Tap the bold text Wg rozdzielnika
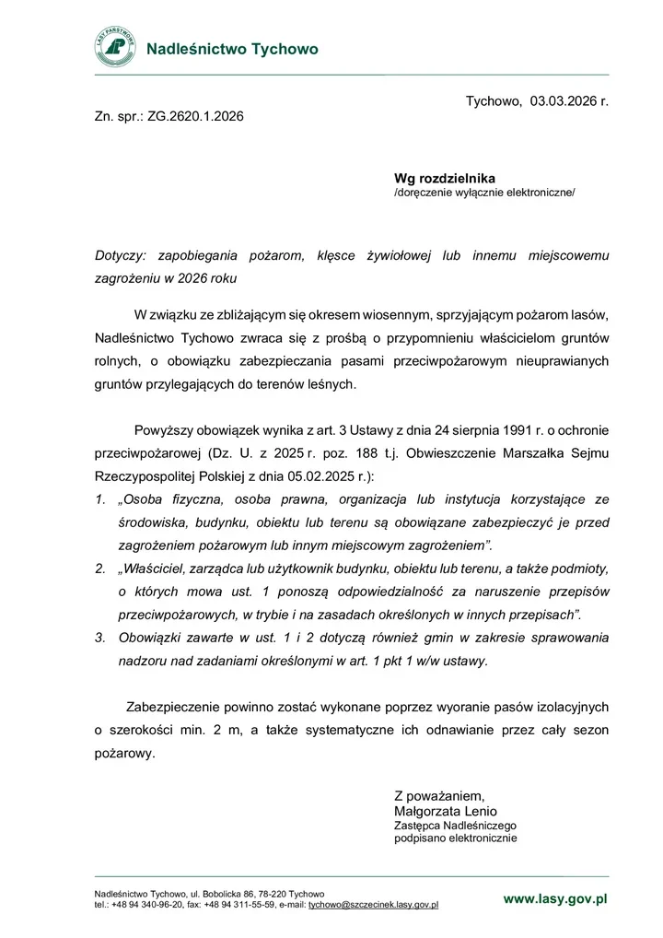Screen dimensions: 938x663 tap(445, 178)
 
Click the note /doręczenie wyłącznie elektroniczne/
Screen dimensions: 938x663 tap(484, 193)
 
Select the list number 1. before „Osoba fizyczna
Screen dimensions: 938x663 tap(100, 500)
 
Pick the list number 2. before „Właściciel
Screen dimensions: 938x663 tap(100, 569)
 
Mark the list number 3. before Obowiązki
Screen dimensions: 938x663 tap(100, 637)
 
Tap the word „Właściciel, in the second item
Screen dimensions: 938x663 tap(162, 569)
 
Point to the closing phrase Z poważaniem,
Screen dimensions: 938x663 tap(439, 795)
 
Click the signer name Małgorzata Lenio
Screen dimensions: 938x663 tap(445, 811)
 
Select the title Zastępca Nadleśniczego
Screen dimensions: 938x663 tap(455, 826)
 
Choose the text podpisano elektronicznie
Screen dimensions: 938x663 tap(456, 839)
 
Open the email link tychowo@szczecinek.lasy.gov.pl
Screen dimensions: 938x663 tap(373, 905)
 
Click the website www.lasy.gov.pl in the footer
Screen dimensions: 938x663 tap(555, 898)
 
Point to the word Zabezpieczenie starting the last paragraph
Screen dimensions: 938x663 tap(171, 707)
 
